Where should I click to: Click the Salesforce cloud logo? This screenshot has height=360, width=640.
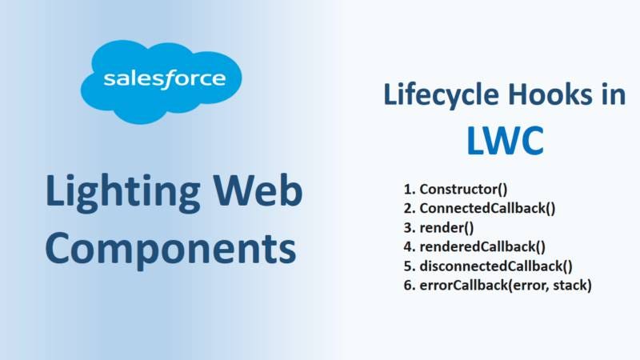pyautogui.click(x=165, y=80)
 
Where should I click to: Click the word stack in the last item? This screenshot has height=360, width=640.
pyautogui.click(x=571, y=284)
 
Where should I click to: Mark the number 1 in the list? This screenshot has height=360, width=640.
pyautogui.click(x=407, y=190)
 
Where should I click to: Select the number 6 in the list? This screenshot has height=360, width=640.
pyautogui.click(x=407, y=284)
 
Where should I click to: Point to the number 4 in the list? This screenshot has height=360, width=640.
pyautogui.click(x=407, y=246)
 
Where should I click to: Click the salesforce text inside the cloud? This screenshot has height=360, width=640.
pyautogui.click(x=164, y=80)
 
